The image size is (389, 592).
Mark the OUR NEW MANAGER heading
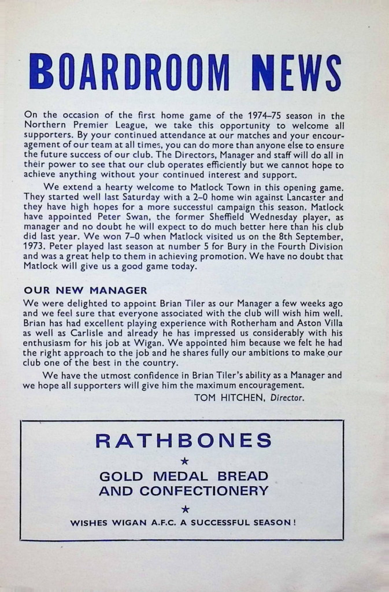pyautogui.click(x=85, y=290)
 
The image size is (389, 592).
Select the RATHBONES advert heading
pyautogui.click(x=183, y=441)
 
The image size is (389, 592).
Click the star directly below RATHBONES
pyautogui.click(x=184, y=461)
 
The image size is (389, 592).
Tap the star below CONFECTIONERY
pyautogui.click(x=184, y=509)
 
